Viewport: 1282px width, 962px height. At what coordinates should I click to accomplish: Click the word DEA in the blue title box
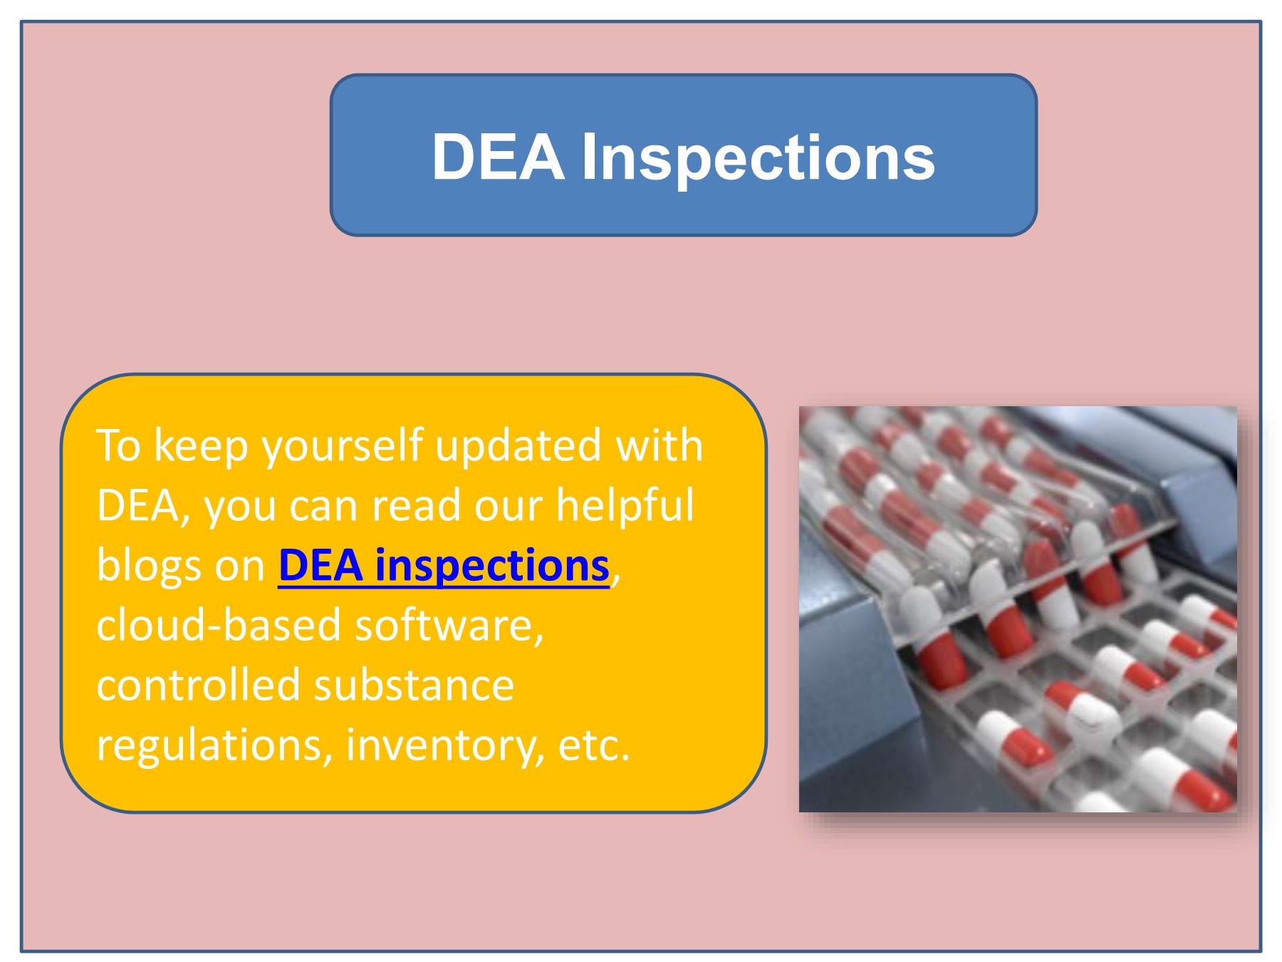tap(499, 157)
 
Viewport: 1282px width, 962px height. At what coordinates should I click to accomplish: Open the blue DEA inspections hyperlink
tap(443, 566)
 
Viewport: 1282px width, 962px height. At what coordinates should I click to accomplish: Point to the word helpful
tap(625, 505)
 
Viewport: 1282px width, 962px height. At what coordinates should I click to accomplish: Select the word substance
tap(414, 685)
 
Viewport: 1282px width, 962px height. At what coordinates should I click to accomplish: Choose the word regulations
tap(214, 745)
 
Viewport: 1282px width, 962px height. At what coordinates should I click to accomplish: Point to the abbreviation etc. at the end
tap(594, 745)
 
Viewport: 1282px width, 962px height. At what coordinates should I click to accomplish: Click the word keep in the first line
tap(201, 446)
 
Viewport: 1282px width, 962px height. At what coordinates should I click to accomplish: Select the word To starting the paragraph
tap(118, 446)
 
